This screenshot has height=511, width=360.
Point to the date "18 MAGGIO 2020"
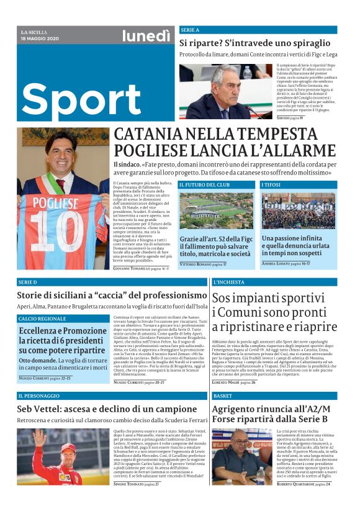coord(40,38)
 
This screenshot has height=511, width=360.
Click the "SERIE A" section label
coord(190,30)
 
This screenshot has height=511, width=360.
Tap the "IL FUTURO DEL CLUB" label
coord(204,185)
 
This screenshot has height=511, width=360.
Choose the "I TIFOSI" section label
coord(271,185)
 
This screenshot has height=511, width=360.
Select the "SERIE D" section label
coord(29,282)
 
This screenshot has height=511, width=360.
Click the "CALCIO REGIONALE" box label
coord(42,319)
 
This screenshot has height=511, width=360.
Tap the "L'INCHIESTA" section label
coord(228,282)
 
